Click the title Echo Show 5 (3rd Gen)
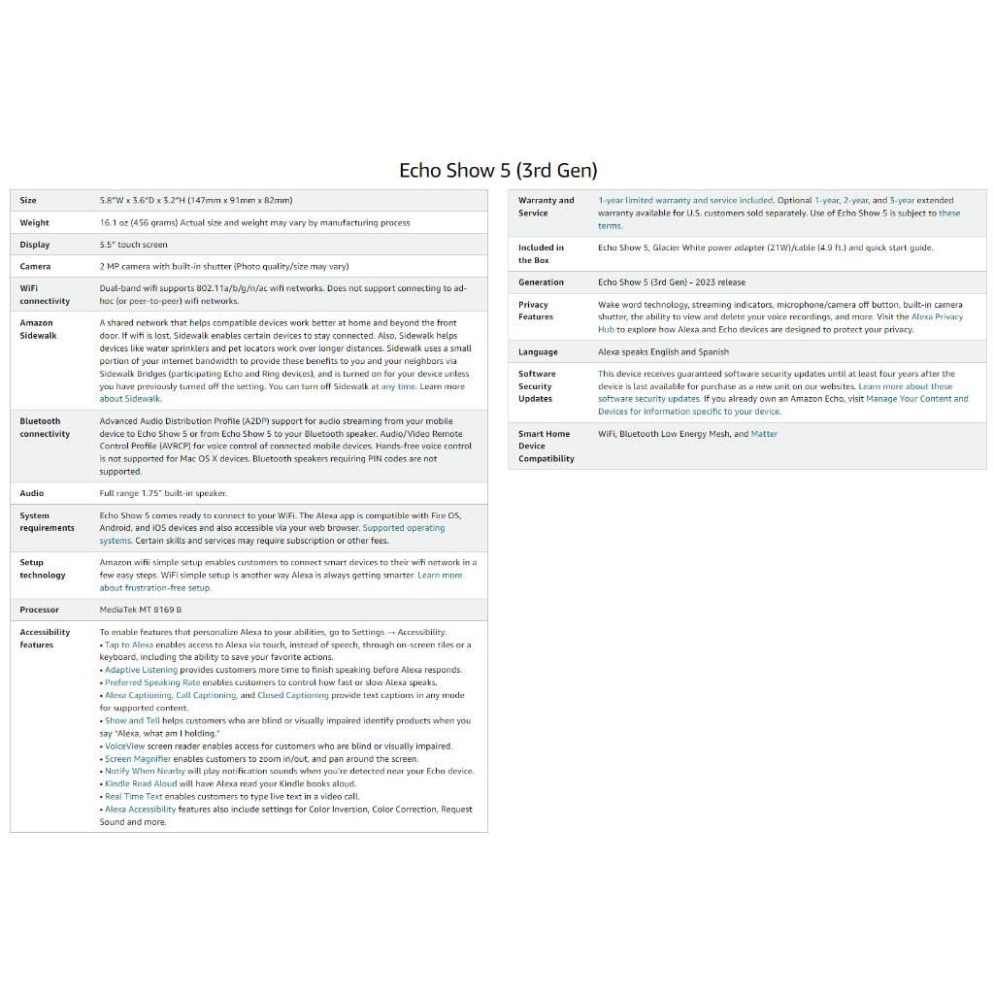point(498,171)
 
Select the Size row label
point(28,201)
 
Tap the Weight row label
point(34,223)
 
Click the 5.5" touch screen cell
point(133,245)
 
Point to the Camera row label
point(35,266)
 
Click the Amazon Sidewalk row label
point(38,329)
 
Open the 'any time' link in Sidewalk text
point(398,386)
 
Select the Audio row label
point(32,493)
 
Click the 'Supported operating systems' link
point(403,528)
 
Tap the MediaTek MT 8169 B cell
point(140,610)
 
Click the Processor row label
point(39,610)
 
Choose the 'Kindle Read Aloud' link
point(141,783)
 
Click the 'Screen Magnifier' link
point(138,759)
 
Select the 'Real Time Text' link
point(134,796)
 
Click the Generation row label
point(541,282)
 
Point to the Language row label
point(538,352)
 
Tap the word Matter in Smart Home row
point(764,434)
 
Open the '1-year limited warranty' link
point(646,201)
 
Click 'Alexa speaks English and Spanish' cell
point(663,352)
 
